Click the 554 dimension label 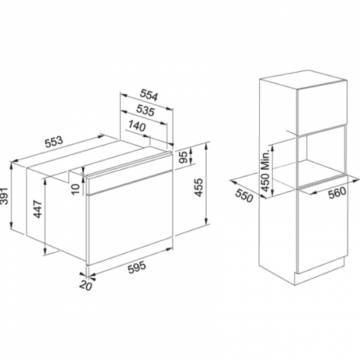click(x=149, y=95)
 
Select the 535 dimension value click(x=145, y=110)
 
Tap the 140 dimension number click(x=137, y=126)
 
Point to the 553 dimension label click(x=54, y=143)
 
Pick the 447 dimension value click(x=38, y=210)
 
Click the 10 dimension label click(x=76, y=189)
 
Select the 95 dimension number click(x=183, y=157)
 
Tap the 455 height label click(x=199, y=187)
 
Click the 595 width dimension click(x=137, y=268)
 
